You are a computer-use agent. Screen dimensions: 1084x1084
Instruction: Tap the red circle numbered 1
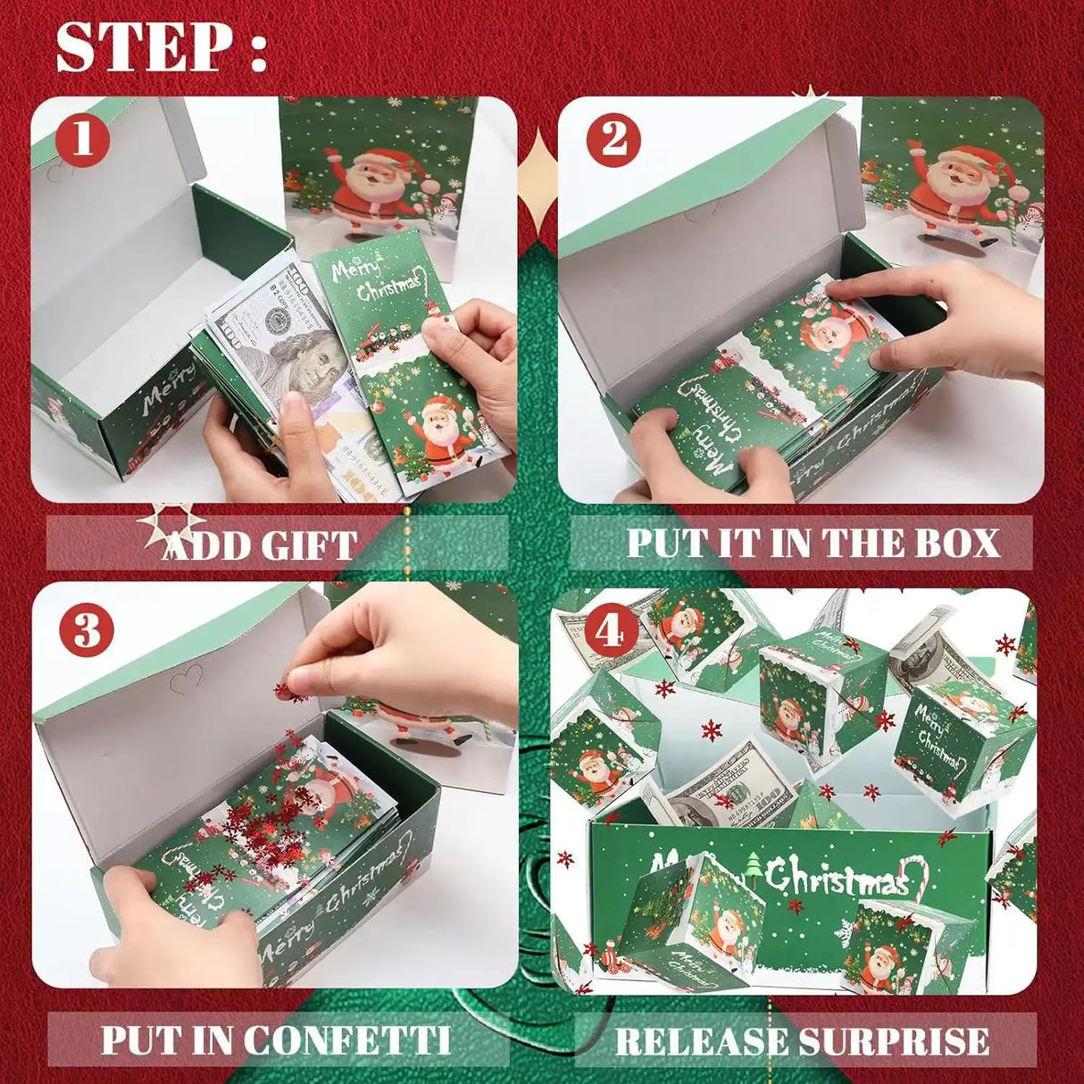(83, 138)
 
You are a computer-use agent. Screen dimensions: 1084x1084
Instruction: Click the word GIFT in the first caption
(309, 545)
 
